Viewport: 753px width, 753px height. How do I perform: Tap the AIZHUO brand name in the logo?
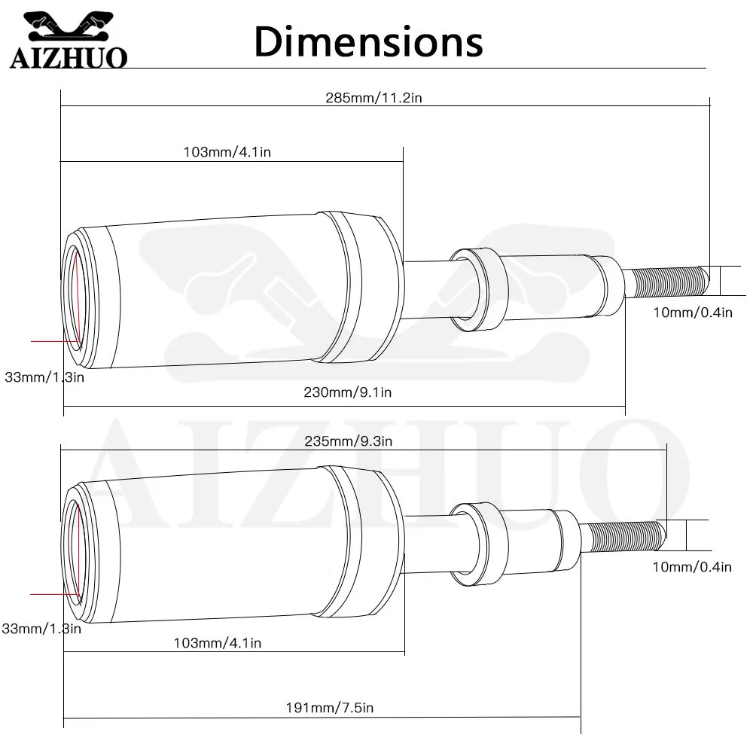(69, 57)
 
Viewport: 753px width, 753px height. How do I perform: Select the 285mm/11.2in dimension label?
(373, 98)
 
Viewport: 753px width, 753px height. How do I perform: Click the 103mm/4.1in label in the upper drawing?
(227, 152)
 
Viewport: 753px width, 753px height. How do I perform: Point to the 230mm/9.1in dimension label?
(348, 392)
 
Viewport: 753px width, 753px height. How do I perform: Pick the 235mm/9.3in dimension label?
(348, 441)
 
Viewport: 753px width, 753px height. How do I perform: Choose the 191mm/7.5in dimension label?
(330, 707)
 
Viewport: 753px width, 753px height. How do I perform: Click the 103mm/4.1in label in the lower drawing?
(218, 643)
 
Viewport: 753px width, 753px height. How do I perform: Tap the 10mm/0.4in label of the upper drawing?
(693, 312)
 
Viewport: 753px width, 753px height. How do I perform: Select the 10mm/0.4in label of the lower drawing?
(692, 567)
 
